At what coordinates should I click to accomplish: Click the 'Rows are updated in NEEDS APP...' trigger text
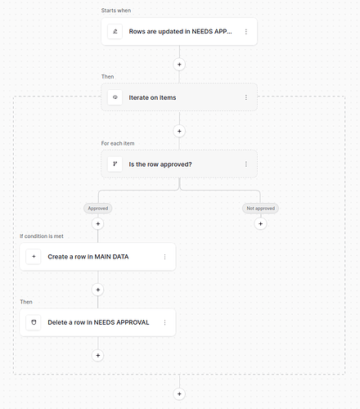(x=180, y=32)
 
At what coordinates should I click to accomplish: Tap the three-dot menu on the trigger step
(x=246, y=32)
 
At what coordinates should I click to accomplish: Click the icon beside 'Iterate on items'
(x=115, y=97)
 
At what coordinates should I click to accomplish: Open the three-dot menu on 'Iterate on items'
(x=246, y=97)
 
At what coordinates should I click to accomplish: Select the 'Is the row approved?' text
(x=160, y=164)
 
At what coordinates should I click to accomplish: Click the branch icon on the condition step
(x=115, y=164)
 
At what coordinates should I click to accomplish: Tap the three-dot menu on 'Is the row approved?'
(x=246, y=164)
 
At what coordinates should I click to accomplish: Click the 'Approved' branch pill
(x=98, y=209)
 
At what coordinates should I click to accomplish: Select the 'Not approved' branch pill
(x=260, y=209)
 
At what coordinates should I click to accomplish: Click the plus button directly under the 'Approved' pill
(x=98, y=224)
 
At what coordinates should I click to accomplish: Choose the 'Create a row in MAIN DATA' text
(x=88, y=257)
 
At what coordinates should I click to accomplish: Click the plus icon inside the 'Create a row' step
(x=34, y=257)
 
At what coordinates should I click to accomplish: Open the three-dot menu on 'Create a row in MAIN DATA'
(x=164, y=257)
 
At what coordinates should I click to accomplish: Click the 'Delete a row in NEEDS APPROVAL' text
(x=98, y=322)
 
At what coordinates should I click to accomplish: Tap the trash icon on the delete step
(x=34, y=322)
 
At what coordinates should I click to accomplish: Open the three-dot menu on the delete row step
(x=164, y=322)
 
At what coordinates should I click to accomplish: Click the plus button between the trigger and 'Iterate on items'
(x=179, y=65)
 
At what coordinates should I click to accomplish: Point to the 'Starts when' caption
(x=116, y=11)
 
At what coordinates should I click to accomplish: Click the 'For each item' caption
(x=118, y=143)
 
